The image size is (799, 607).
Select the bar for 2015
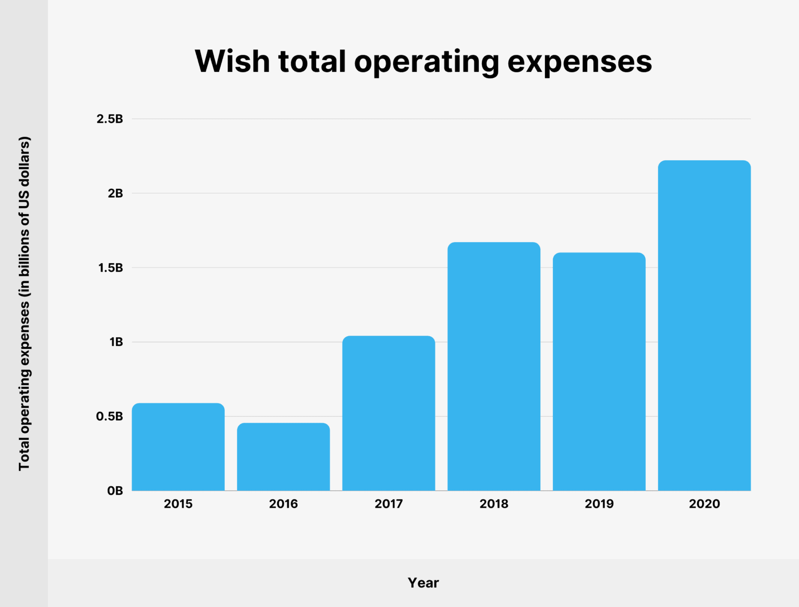pyautogui.click(x=178, y=447)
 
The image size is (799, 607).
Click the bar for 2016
pyautogui.click(x=283, y=457)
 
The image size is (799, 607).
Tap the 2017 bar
pyautogui.click(x=389, y=413)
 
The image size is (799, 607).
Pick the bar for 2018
pyautogui.click(x=494, y=366)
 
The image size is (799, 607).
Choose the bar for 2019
pyautogui.click(x=599, y=371)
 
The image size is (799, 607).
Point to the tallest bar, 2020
pyautogui.click(x=704, y=325)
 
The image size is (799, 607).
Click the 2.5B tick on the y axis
pyautogui.click(x=110, y=119)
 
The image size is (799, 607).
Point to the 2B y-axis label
pyautogui.click(x=115, y=193)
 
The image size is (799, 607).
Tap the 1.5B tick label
pyautogui.click(x=110, y=268)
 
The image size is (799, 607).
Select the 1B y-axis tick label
pyautogui.click(x=116, y=342)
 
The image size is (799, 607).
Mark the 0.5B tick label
pyautogui.click(x=109, y=416)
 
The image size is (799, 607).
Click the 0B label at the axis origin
pyautogui.click(x=115, y=491)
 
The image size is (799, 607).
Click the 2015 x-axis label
pyautogui.click(x=178, y=504)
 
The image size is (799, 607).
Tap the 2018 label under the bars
pyautogui.click(x=494, y=504)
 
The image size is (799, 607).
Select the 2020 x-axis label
pyautogui.click(x=704, y=504)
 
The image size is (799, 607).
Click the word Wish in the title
pyautogui.click(x=232, y=61)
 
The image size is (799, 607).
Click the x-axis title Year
pyautogui.click(x=423, y=583)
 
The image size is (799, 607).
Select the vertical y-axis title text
pyautogui.click(x=24, y=303)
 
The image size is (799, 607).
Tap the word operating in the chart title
pyautogui.click(x=426, y=61)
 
